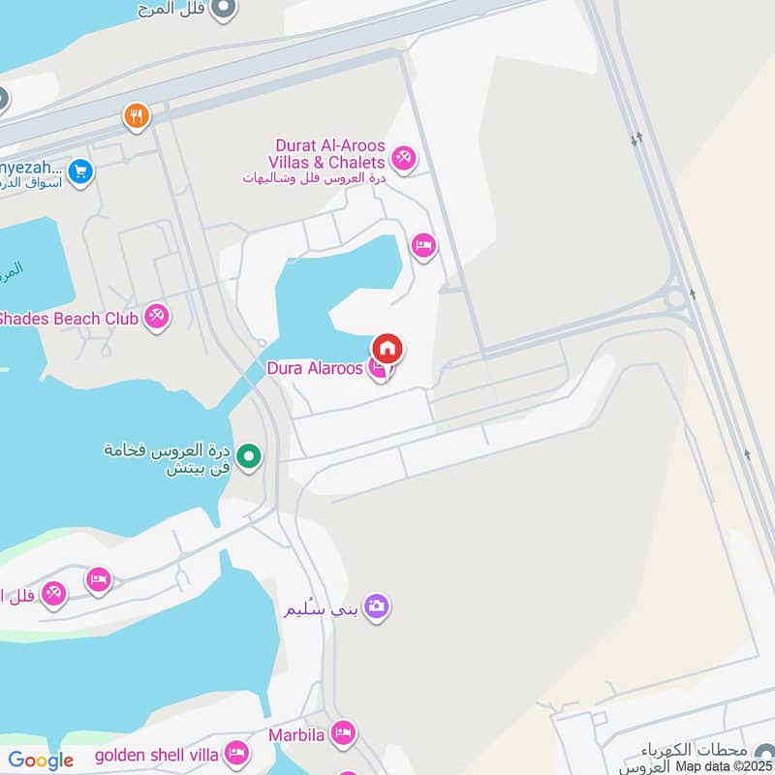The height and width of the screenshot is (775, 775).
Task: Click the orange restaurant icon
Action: click(137, 117)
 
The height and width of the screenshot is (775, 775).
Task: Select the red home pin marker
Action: click(387, 349)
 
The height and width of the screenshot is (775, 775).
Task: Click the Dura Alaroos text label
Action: click(315, 368)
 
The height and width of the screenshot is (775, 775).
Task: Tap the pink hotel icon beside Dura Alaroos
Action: click(380, 369)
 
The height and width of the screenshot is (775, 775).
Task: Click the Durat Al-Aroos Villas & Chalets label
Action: click(329, 153)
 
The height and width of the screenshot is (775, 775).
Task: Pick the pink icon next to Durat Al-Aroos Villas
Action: click(403, 155)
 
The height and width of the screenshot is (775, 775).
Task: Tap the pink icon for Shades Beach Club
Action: click(156, 316)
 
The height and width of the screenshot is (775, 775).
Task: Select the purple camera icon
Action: click(376, 606)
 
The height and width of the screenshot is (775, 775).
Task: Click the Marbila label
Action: click(297, 734)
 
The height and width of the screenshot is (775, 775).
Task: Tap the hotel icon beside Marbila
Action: click(342, 733)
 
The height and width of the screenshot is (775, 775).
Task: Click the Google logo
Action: click(41, 760)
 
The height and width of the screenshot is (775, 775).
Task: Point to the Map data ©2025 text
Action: click(725, 766)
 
